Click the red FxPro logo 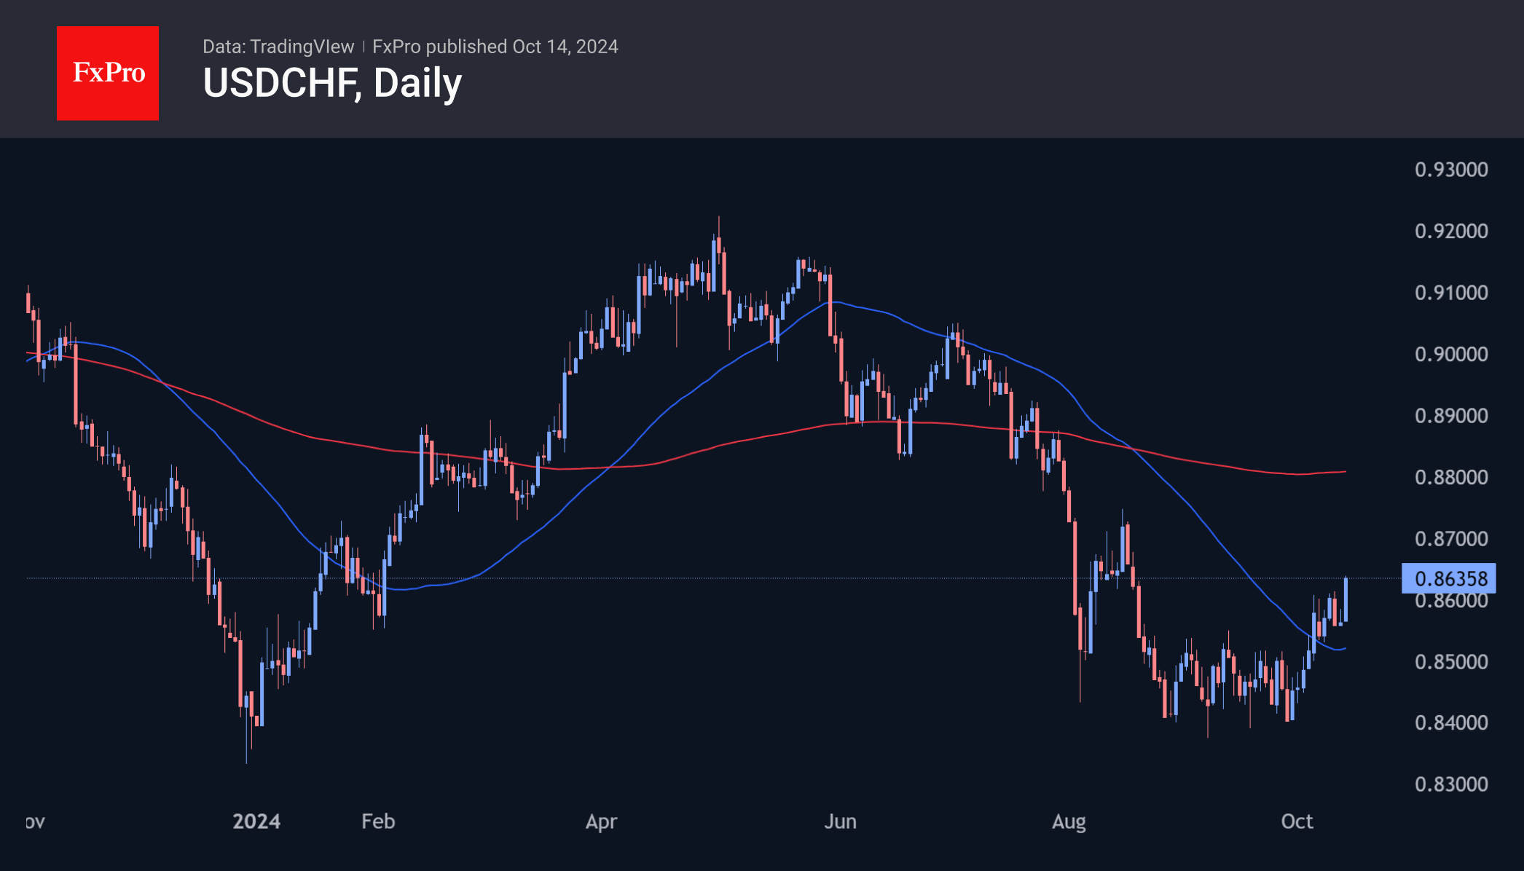pos(108,73)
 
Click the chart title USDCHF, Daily pos(332,83)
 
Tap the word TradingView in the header pos(302,47)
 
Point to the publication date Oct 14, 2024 pos(565,47)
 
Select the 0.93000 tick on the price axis pos(1451,170)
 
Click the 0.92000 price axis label pos(1451,231)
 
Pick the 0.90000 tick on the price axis pos(1451,354)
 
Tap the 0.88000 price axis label pos(1451,477)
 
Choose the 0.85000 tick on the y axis pos(1451,661)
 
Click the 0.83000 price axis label pos(1451,784)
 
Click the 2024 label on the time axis pos(256,821)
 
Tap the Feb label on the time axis pos(378,821)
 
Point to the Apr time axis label pos(602,821)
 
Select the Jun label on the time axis pos(840,821)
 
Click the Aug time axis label pos(1069,821)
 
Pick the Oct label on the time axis pos(1297,821)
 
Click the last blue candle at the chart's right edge pos(1346,599)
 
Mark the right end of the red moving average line pos(1345,472)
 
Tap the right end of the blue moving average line pos(1345,648)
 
